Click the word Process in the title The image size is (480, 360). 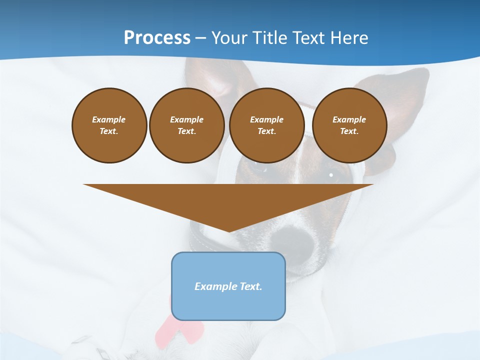(x=157, y=38)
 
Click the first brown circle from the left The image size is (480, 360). (x=109, y=125)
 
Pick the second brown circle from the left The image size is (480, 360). (x=186, y=125)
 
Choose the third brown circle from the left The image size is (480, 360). (x=266, y=125)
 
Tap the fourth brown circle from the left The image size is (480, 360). (x=349, y=125)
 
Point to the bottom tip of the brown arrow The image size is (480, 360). (x=229, y=231)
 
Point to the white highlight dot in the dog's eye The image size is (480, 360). (x=331, y=175)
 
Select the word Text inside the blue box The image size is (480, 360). (x=250, y=286)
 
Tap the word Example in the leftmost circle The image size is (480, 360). (x=109, y=119)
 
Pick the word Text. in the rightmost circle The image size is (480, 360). (x=349, y=131)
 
